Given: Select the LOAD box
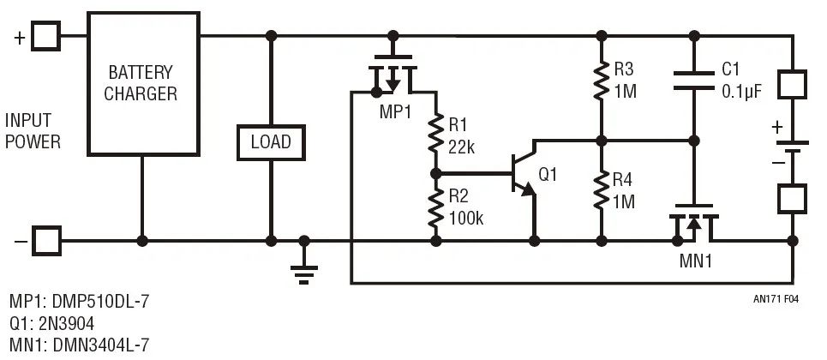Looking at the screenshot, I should (x=270, y=141).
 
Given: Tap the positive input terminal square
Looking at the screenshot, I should (x=47, y=36).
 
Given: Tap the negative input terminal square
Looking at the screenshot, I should (x=47, y=241).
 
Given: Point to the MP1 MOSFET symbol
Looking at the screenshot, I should (x=393, y=75).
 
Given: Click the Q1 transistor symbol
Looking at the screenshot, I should (x=524, y=177).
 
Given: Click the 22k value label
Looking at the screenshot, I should (x=464, y=147).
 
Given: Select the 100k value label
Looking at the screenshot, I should (x=467, y=219).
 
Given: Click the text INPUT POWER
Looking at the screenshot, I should (x=33, y=131).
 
